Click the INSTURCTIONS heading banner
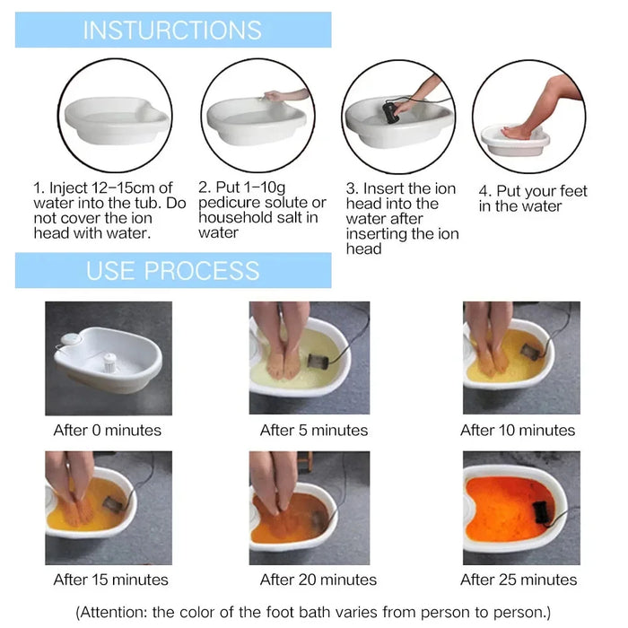click(x=172, y=30)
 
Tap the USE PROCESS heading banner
click(x=172, y=270)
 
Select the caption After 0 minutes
click(x=108, y=430)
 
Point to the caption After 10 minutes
click(x=519, y=430)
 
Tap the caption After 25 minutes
click(x=519, y=580)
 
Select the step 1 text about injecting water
click(x=108, y=210)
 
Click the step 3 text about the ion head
click(x=402, y=218)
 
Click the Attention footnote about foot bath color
click(x=313, y=613)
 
